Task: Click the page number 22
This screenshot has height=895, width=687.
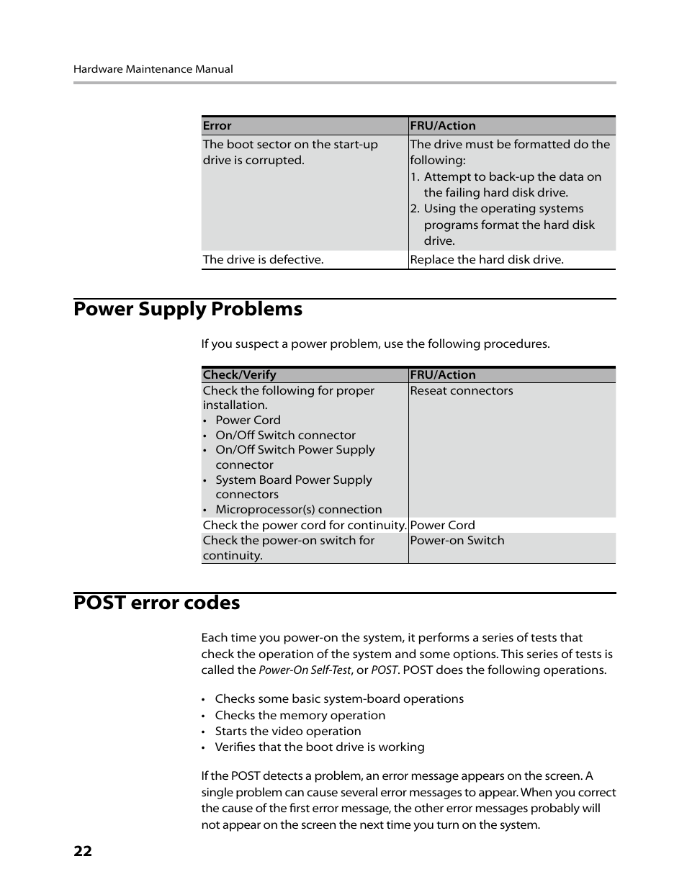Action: pos(83,851)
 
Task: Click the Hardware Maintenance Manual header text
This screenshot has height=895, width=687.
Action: pos(153,69)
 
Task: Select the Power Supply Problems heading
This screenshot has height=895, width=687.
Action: pos(188,309)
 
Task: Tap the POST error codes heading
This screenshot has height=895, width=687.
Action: pos(156,603)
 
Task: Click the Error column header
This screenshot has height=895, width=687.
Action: pos(217,125)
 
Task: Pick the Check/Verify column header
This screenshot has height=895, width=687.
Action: pos(239,374)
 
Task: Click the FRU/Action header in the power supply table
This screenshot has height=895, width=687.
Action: pos(442,374)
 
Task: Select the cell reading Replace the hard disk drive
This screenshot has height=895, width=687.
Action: pos(486,259)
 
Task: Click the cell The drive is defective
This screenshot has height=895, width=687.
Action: pos(263,259)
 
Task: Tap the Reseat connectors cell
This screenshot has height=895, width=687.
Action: pos(461,390)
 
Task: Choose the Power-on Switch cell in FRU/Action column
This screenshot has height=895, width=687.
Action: pos(457,540)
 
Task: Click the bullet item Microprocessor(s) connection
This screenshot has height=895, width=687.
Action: pos(298,509)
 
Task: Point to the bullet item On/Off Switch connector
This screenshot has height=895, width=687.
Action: pos(285,435)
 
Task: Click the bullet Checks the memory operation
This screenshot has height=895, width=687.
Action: pos(300,715)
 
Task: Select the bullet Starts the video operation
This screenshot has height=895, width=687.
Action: pos(287,731)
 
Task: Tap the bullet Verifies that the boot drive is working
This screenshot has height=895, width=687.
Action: pos(319,747)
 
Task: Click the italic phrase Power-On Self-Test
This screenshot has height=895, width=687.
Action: pos(305,670)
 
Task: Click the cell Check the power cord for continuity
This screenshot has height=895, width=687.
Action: pos(304,525)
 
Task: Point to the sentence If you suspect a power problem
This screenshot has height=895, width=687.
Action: pos(375,343)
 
